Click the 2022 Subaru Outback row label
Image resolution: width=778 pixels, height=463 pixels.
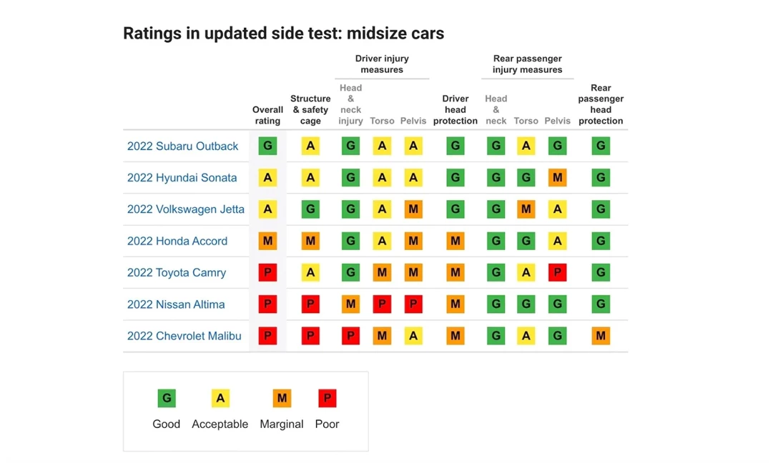click(x=182, y=146)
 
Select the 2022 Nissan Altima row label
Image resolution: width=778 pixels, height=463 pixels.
click(x=176, y=304)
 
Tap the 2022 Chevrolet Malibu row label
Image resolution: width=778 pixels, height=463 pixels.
click(x=184, y=336)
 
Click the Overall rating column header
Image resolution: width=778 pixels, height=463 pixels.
click(x=267, y=115)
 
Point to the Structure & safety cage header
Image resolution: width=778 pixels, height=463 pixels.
click(x=310, y=110)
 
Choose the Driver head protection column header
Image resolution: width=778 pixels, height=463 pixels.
click(x=455, y=110)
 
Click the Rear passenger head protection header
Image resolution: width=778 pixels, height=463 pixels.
click(x=601, y=104)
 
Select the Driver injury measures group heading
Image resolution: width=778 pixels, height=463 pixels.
click(x=382, y=64)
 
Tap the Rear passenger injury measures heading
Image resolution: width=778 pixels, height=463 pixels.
click(x=527, y=64)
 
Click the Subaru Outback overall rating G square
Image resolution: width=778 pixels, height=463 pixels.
click(x=267, y=146)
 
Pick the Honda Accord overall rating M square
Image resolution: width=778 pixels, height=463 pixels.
click(x=267, y=242)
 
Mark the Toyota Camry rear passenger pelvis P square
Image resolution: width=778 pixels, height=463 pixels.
click(x=557, y=273)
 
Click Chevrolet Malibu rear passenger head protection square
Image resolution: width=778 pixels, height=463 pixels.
click(x=601, y=336)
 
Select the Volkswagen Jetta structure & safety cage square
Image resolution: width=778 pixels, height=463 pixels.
click(x=310, y=209)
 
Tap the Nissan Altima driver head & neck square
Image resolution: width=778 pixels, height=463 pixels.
click(x=350, y=304)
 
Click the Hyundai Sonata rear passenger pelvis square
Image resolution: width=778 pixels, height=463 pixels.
click(x=557, y=178)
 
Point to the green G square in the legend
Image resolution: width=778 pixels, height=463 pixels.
click(x=167, y=398)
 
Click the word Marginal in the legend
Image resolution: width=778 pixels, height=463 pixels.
click(x=282, y=424)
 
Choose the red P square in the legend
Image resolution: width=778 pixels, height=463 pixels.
click(x=327, y=398)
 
